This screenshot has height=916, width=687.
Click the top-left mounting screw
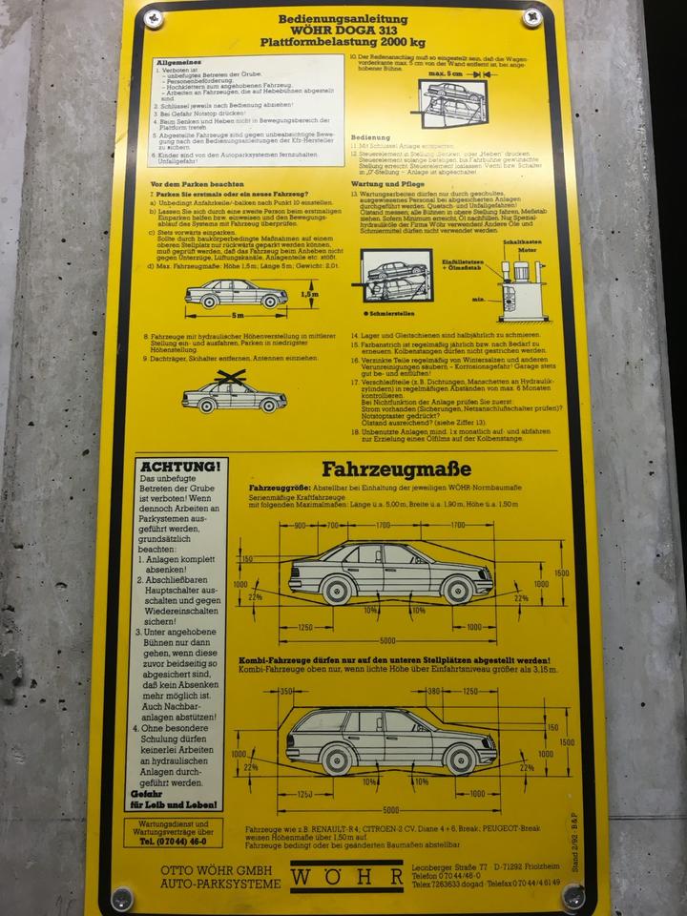153,17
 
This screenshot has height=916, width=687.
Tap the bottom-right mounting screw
572,894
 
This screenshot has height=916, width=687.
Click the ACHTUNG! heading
180,466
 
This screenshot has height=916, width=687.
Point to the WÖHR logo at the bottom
346,876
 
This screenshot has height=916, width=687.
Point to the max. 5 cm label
445,73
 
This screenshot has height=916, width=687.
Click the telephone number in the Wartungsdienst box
173,843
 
